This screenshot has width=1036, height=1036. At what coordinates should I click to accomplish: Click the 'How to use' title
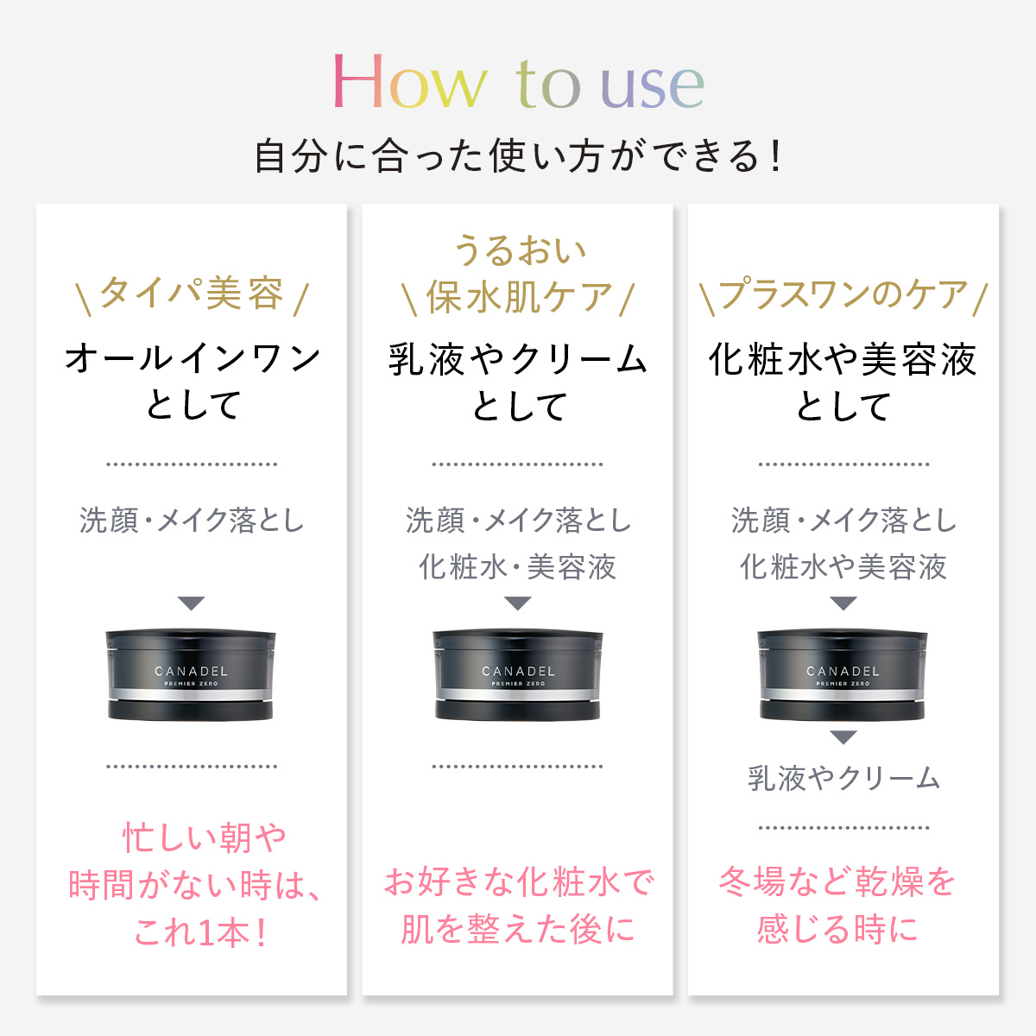point(518,83)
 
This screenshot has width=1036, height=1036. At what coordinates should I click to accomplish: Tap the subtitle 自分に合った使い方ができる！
point(518,157)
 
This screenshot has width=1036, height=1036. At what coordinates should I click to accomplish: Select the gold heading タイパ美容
point(192,294)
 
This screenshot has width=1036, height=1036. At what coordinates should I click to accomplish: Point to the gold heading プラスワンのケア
point(843,295)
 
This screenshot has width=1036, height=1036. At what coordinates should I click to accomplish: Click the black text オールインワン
point(193,358)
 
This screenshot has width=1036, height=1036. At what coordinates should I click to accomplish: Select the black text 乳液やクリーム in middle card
point(518,359)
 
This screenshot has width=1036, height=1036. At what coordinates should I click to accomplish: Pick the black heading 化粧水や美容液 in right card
point(843,359)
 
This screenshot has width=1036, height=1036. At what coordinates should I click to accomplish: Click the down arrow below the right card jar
point(843,737)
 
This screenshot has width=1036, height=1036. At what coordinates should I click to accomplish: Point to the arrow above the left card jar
point(191,603)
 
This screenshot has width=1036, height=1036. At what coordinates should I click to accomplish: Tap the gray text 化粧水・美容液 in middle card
point(518,567)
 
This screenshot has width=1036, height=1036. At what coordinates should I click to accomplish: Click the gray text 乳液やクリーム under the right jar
point(843,779)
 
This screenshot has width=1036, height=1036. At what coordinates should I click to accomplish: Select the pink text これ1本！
point(201,932)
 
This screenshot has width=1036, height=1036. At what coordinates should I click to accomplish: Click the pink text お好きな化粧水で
point(518,882)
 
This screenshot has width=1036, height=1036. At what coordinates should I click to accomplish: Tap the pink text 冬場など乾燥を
point(837,882)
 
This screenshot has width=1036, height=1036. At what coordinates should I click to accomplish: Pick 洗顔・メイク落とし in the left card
point(192,521)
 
